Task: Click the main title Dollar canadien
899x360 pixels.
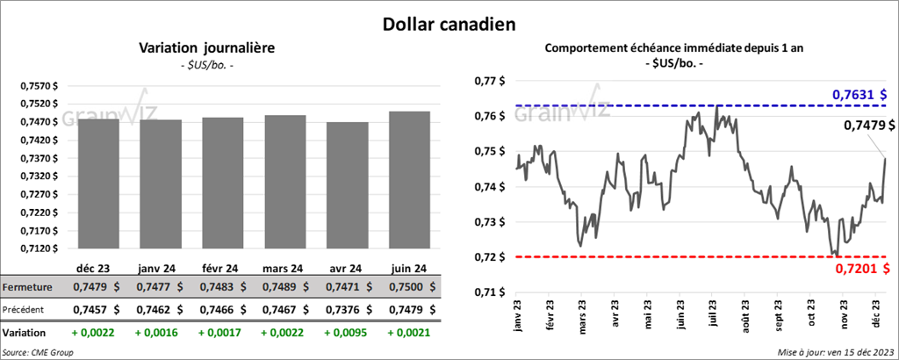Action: [x=449, y=21]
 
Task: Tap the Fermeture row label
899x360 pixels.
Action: [x=27, y=286]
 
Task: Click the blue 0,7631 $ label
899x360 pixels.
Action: [x=859, y=95]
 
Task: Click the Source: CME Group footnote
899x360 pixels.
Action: [x=38, y=352]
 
